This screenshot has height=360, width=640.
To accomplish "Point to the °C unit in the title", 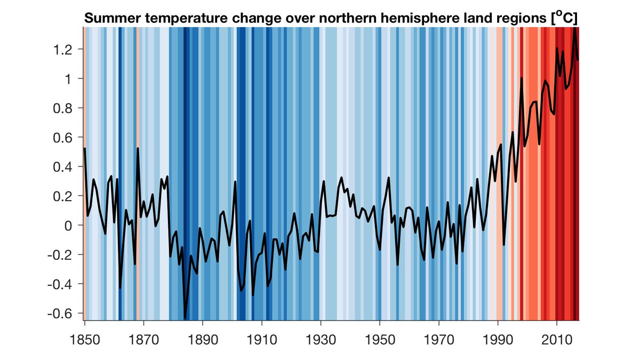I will pos(564,18).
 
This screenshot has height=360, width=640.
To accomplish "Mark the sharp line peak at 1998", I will pos(521,78).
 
